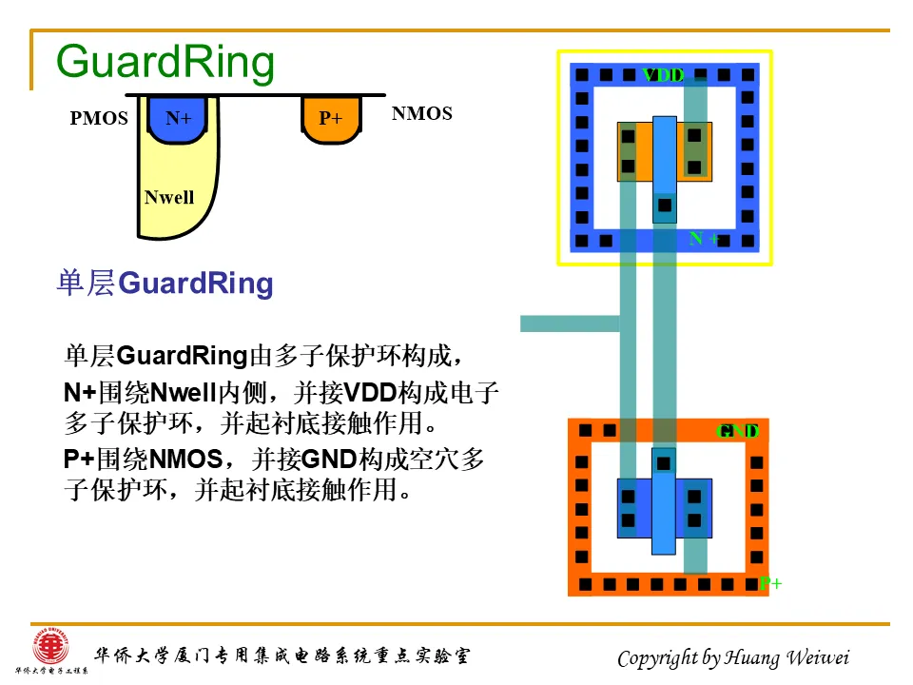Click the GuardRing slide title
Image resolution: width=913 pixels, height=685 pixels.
[x=165, y=63]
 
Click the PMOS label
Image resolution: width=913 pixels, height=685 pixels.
[x=99, y=119]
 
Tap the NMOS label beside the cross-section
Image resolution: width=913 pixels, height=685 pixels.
[x=421, y=114]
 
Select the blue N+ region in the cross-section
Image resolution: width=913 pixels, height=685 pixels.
[x=179, y=119]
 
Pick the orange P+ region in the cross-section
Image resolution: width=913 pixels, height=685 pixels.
[x=331, y=119]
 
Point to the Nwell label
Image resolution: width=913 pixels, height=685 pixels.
[x=169, y=198]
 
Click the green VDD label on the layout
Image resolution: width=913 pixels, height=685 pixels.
[x=663, y=75]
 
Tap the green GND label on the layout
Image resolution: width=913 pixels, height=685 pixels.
[x=737, y=431]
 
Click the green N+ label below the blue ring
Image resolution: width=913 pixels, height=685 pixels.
[x=704, y=239]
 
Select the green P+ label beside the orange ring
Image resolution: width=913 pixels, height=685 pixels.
[x=770, y=583]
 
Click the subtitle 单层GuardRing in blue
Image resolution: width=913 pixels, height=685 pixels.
[x=165, y=284]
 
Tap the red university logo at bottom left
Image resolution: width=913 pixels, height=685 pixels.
[x=50, y=649]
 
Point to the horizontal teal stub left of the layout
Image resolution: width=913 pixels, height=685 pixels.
[x=570, y=323]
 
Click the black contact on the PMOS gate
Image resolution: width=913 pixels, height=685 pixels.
[x=665, y=205]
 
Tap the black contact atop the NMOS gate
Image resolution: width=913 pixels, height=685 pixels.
[x=664, y=463]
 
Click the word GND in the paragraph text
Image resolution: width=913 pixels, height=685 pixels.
[x=328, y=460]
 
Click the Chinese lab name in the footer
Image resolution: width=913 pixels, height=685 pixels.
[x=281, y=656]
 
